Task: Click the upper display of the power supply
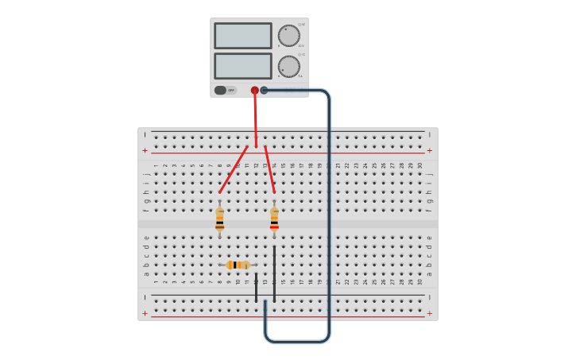coord(242,36)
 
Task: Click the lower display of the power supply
coord(242,66)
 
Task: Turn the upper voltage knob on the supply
coord(289,36)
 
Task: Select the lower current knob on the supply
coord(289,67)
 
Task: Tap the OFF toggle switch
coord(225,90)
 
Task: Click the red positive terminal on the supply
coord(255,91)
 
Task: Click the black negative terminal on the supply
coord(265,91)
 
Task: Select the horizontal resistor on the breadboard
coord(238,265)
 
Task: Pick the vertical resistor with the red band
coord(274,218)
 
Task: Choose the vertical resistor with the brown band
coord(219,219)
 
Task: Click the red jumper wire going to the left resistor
coord(233,170)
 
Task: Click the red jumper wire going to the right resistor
coord(269,170)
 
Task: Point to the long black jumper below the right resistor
coord(274,274)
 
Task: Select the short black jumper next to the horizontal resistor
coord(256,288)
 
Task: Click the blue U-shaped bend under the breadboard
coord(297,342)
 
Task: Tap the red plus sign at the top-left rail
coord(145,150)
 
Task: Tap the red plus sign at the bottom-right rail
coord(430,313)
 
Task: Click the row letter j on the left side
coord(145,174)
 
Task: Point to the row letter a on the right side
coord(429,274)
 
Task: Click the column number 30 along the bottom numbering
coord(420,281)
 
